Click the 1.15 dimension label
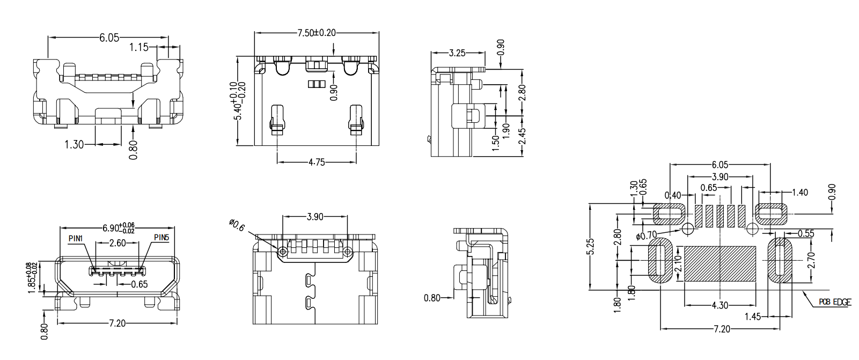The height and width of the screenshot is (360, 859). coord(139,47)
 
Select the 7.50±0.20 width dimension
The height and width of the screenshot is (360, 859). coord(317,33)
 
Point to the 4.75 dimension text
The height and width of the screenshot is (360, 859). coord(317,162)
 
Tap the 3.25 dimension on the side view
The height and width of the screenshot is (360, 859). coord(457,53)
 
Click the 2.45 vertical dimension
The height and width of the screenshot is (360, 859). coord(522,136)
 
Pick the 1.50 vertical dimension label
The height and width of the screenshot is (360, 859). coord(496,142)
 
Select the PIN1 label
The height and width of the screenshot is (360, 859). coord(76,238)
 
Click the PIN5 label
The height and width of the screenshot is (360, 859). coord(161,237)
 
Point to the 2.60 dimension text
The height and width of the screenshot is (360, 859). coord(118,243)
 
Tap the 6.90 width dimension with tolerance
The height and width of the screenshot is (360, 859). coord(118,227)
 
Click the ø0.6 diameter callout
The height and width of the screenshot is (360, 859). coord(237,225)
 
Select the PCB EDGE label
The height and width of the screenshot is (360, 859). coord(835,303)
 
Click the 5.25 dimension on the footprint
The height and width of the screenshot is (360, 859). coord(591,247)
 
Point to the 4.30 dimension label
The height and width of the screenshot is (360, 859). coord(719,305)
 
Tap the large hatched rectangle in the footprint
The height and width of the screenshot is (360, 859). coord(720,264)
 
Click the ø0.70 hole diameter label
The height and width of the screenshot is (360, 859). coord(646,235)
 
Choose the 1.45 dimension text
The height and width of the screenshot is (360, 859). coord(753,317)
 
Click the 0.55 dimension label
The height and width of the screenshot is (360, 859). coord(805,233)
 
